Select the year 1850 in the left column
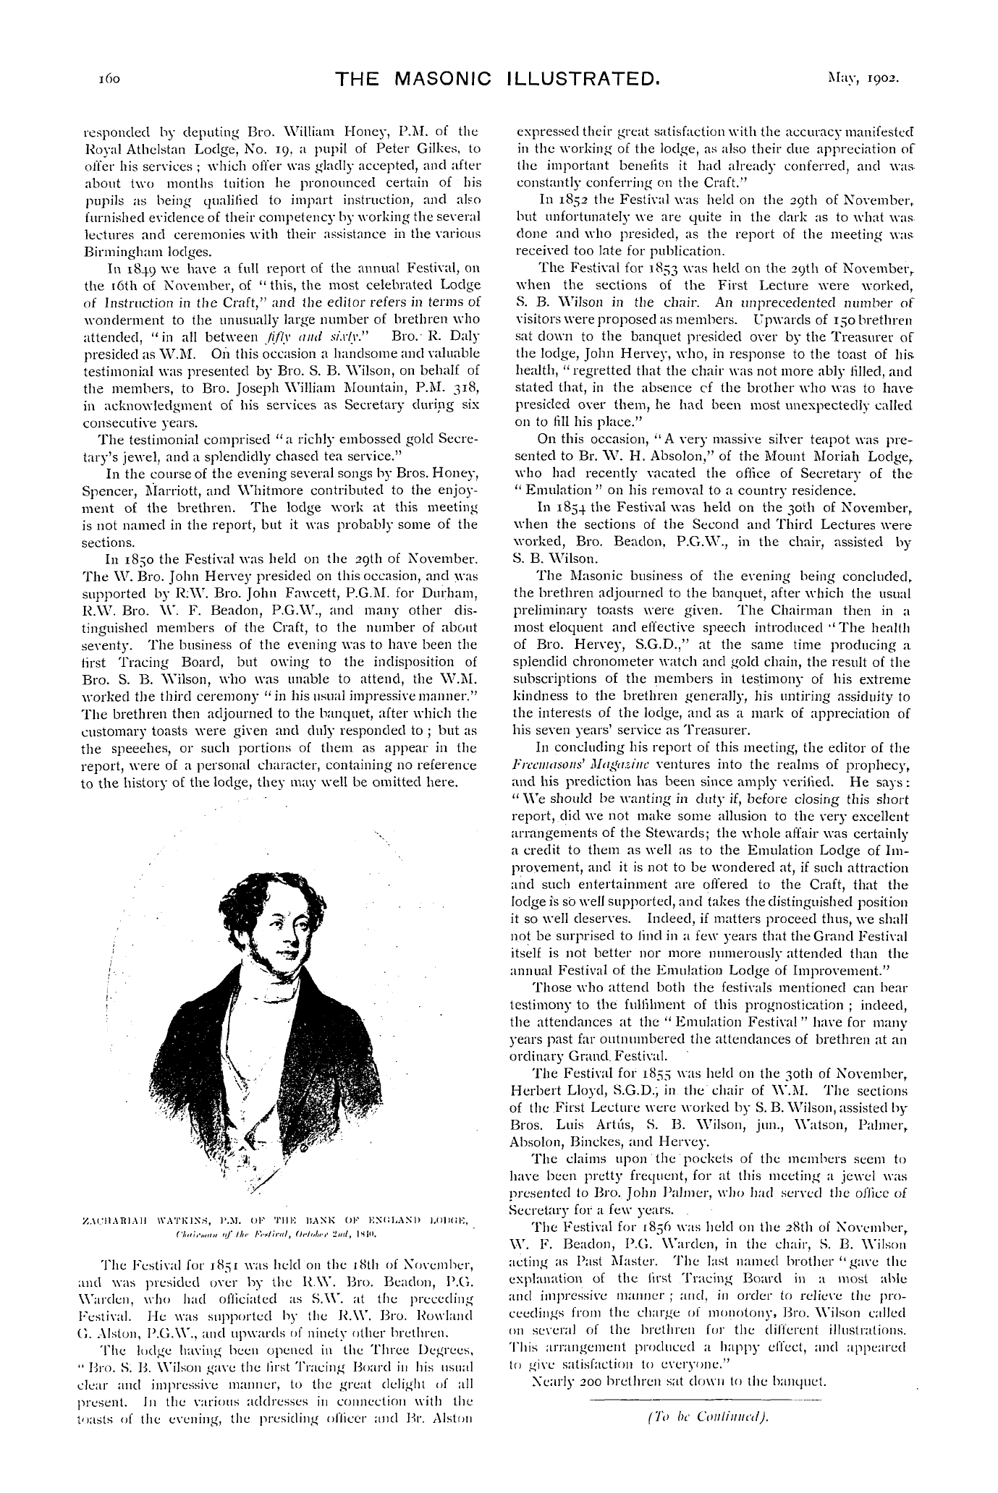pyautogui.click(x=132, y=559)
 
